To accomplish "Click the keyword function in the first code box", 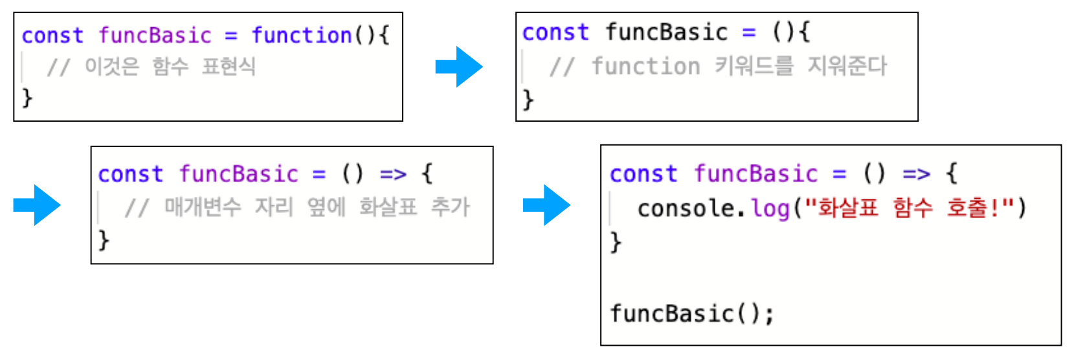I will click(302, 35).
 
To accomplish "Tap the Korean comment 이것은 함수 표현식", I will click(170, 66).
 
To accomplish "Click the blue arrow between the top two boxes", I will click(459, 67).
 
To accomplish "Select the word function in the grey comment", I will click(645, 66).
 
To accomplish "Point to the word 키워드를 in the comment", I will click(754, 66).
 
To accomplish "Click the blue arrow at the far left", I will click(37, 205).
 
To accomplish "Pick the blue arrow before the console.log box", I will click(546, 205).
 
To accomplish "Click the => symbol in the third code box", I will click(393, 174).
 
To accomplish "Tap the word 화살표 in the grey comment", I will click(388, 207).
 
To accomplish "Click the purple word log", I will click(770, 208).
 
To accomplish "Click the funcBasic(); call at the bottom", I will click(691, 314).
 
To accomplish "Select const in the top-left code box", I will click(52, 35).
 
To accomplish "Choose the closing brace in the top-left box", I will click(27, 98).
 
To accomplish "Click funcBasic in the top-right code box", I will click(666, 32).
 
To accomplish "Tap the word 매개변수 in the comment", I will click(203, 207).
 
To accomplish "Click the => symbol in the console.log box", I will click(916, 174).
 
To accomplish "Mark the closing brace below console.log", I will click(616, 242).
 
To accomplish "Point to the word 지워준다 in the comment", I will click(847, 66).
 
